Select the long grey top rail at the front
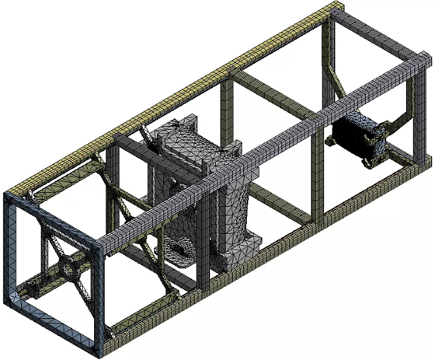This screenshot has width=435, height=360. [256, 156]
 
